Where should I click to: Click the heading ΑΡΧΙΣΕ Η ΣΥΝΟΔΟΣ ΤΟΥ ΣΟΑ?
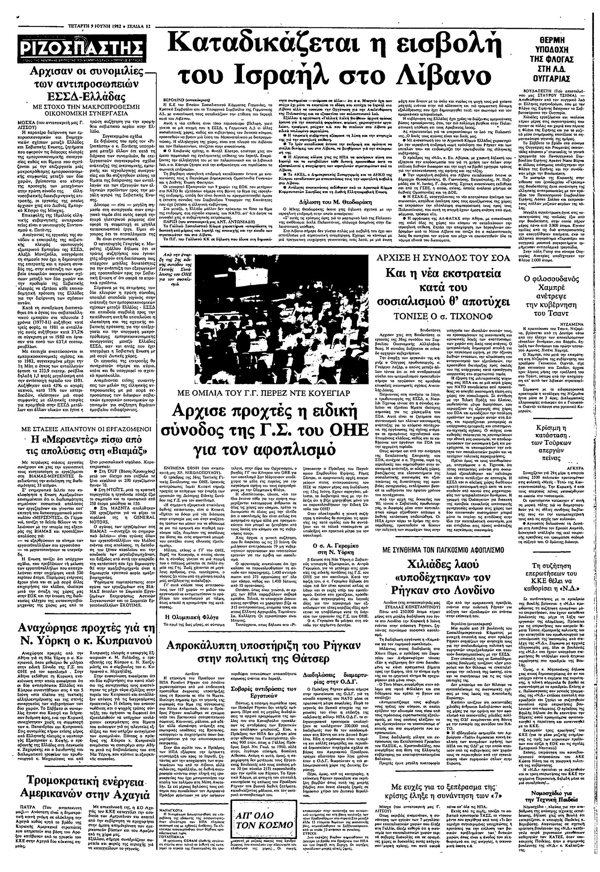pos(444,258)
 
